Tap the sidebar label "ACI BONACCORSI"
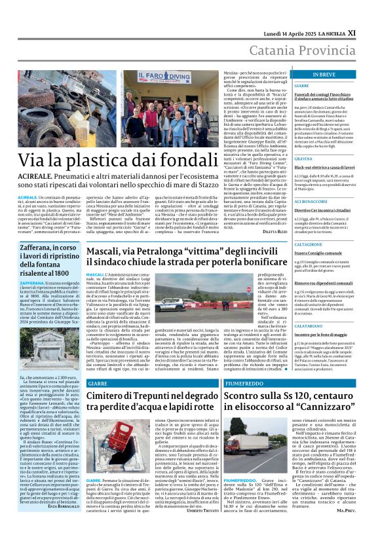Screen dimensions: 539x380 coord(311,202)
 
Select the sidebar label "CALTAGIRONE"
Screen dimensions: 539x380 coord(308,244)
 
